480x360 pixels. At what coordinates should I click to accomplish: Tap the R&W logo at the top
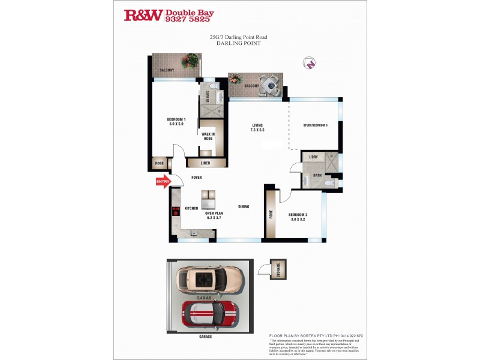tap(143, 16)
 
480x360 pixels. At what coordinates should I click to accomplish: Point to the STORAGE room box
tap(278, 268)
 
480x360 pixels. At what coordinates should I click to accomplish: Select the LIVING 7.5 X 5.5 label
tap(257, 128)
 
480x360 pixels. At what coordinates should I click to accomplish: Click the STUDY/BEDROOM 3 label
tap(315, 125)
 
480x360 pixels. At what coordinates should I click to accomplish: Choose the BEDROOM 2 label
tap(298, 217)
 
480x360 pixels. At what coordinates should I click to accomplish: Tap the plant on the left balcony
tap(191, 61)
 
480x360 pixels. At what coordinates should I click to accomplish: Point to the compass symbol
tap(310, 62)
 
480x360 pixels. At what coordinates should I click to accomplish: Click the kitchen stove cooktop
tap(176, 211)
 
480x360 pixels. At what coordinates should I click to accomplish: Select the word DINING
tap(244, 207)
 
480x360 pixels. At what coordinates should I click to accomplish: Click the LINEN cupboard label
tap(205, 163)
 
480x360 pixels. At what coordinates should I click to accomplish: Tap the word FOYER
tap(196, 178)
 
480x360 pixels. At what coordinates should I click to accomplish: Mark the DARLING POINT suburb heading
tap(238, 43)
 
